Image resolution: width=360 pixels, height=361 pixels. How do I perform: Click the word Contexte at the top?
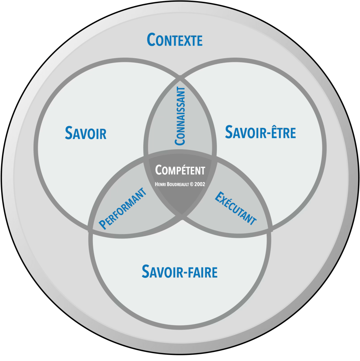point(175,40)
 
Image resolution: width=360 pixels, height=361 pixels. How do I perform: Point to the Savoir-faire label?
point(179,271)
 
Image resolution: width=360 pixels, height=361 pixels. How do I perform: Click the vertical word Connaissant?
point(180,116)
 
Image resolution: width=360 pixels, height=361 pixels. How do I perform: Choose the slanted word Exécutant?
point(236,208)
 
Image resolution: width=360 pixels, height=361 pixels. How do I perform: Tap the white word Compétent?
point(180,170)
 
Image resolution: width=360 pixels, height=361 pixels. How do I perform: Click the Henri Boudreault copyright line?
point(180,183)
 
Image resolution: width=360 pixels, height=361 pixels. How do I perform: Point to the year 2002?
point(199,183)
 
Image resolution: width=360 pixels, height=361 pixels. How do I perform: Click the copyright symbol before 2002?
point(191,183)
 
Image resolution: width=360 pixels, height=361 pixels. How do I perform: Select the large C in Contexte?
point(152,40)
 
